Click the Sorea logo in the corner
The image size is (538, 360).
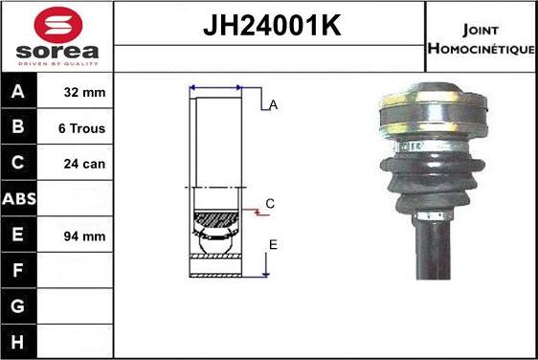tap(56, 36)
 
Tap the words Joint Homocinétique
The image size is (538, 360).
tap(481, 37)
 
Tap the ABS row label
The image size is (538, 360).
tap(19, 199)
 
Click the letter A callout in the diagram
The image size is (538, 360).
tap(273, 105)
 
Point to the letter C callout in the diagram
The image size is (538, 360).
tap(270, 203)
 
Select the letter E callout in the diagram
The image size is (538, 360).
tap(273, 245)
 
